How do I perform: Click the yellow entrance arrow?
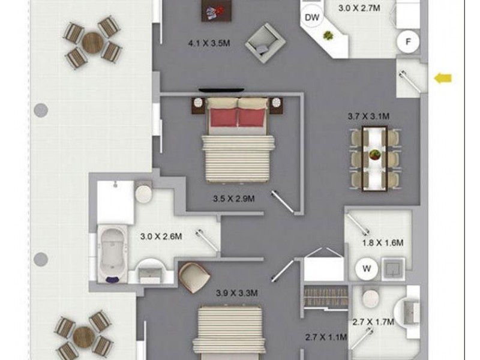443,77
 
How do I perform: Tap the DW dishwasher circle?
311,17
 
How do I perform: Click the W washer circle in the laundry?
365,269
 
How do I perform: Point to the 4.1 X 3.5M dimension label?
208,43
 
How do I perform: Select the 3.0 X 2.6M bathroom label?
160,237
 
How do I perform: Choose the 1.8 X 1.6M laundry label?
382,243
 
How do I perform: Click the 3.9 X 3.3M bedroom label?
236,293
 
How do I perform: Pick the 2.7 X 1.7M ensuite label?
373,322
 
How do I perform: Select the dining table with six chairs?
376,155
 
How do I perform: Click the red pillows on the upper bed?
238,117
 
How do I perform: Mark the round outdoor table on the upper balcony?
93,42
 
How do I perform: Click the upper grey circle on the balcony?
40,110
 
